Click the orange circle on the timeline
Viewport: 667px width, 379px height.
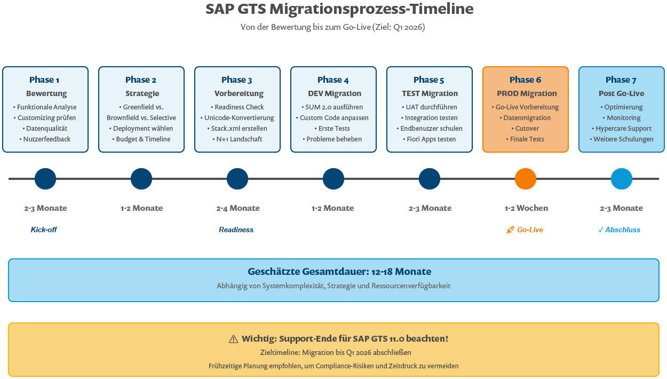[526, 179]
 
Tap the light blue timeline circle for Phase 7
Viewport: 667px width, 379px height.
[622, 179]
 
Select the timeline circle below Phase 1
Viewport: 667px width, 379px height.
[45, 179]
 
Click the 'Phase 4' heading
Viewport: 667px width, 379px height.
[333, 80]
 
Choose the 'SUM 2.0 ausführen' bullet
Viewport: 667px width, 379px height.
[333, 107]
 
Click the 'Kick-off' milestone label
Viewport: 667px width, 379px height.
[44, 230]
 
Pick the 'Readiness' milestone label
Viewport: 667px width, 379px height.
[236, 230]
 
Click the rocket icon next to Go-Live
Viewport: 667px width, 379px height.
[510, 230]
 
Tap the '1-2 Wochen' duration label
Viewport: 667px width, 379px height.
[526, 208]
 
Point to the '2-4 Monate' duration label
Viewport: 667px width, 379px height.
[238, 208]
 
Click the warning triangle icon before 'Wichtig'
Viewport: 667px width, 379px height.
[233, 339]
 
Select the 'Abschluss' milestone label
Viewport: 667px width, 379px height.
[622, 230]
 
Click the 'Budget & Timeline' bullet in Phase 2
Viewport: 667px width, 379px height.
[141, 139]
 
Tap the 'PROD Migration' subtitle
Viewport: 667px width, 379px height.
[526, 93]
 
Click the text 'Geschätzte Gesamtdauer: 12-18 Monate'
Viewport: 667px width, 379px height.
[339, 272]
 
